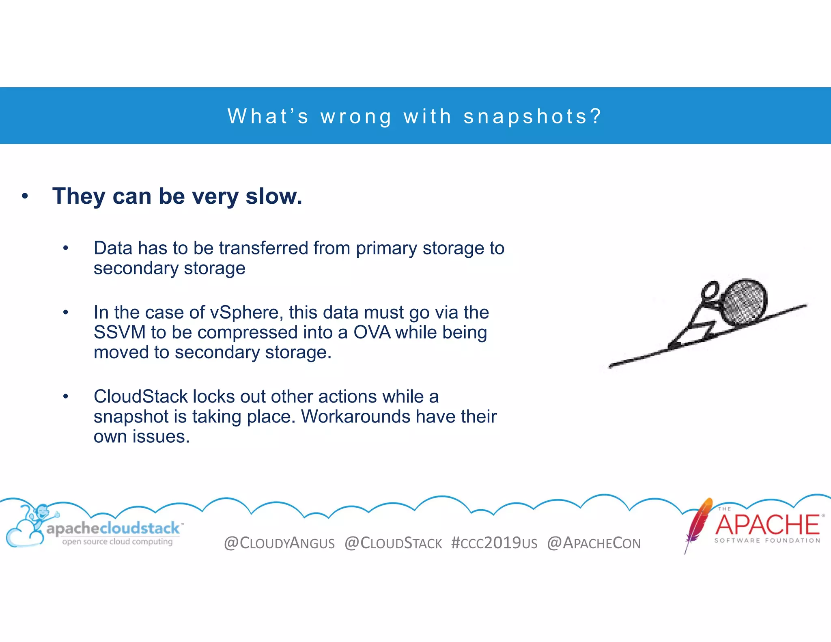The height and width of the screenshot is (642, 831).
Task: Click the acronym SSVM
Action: tap(119, 332)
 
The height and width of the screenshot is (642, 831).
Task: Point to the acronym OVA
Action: tap(372, 332)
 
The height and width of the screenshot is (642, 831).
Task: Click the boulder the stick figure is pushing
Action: tap(745, 302)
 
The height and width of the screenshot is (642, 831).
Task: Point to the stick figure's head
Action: tap(710, 290)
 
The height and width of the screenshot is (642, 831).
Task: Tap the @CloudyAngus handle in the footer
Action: tap(279, 543)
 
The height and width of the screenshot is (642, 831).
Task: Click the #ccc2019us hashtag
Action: tap(494, 543)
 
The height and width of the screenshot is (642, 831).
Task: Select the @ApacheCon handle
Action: tap(594, 543)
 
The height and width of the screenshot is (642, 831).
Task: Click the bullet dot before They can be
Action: tap(25, 196)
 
